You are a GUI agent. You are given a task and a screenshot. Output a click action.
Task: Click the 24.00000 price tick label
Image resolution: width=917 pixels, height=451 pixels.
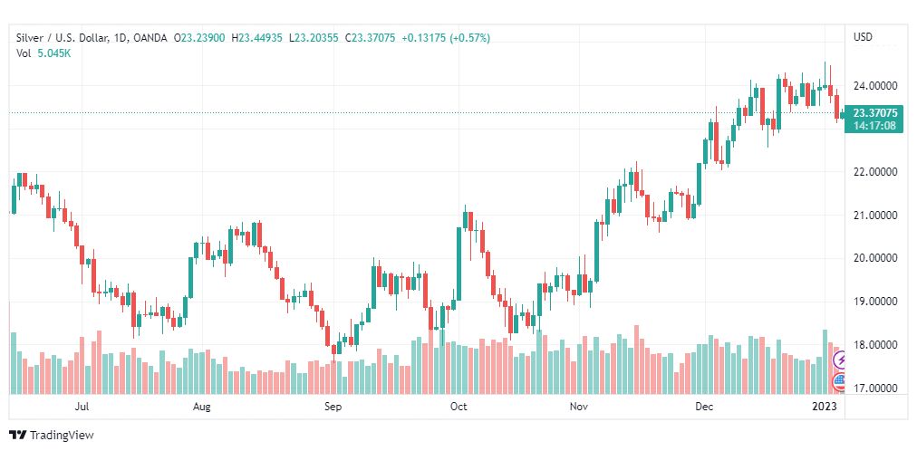(x=874, y=86)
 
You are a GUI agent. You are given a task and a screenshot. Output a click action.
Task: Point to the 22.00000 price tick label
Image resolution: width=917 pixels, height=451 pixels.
(x=874, y=172)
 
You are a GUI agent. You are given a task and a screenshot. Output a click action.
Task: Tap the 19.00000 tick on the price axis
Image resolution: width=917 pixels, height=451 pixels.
(x=874, y=302)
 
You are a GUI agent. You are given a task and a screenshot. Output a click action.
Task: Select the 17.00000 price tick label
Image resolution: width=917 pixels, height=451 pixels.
(x=874, y=389)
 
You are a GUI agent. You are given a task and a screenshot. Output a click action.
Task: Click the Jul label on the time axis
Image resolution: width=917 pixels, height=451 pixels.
(x=82, y=408)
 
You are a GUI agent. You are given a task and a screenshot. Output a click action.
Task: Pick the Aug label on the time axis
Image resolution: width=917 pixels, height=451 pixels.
(x=202, y=408)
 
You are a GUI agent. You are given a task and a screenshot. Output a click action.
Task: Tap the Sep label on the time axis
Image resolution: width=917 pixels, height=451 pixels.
(x=333, y=408)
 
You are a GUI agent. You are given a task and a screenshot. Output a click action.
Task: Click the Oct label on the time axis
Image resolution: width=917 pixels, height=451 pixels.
(x=458, y=408)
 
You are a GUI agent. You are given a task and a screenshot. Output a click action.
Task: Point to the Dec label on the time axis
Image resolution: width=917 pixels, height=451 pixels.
(x=703, y=408)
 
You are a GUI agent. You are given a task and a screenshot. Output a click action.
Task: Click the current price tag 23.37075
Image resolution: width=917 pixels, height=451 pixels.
(x=874, y=113)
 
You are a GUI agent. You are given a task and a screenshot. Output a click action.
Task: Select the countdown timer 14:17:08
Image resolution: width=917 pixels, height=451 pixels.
(x=874, y=126)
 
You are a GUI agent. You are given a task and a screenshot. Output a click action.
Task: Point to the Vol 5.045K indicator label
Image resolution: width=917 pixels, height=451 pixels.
(x=43, y=53)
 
